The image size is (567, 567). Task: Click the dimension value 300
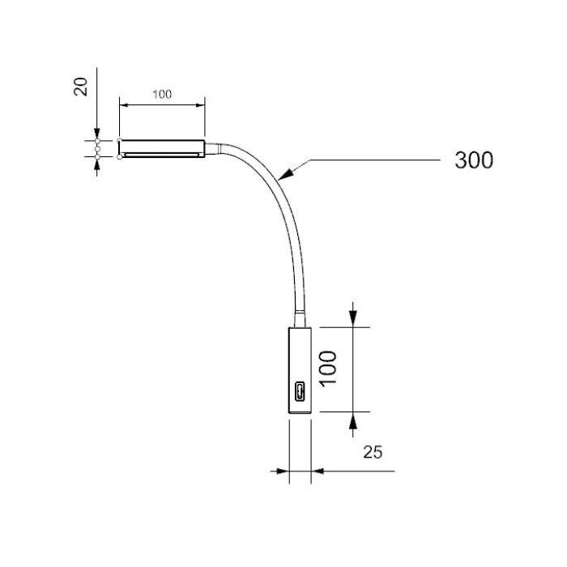coord(474,160)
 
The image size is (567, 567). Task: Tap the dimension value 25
coord(373,452)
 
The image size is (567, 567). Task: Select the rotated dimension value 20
coord(81,87)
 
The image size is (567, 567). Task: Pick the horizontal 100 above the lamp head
coord(162,95)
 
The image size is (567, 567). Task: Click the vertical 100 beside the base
coord(329,369)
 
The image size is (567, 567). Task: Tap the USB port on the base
coord(300,391)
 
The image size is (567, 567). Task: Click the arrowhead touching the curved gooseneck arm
coord(286,173)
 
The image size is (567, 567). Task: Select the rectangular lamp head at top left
coord(162,148)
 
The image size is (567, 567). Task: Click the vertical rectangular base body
coord(300,370)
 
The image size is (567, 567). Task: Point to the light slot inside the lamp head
coord(161,155)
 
